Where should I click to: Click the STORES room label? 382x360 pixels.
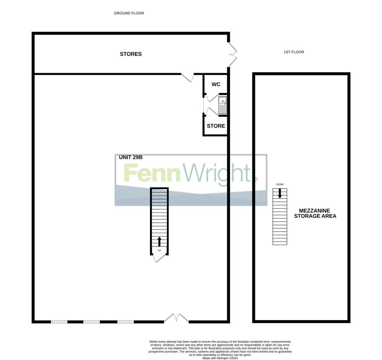click(131, 54)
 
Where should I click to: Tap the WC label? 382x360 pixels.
click(216, 84)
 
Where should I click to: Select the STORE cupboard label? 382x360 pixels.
click(216, 126)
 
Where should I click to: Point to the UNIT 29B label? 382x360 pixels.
click(131, 157)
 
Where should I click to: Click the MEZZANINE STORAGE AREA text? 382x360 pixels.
click(315, 213)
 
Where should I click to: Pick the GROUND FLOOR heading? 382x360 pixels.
click(129, 13)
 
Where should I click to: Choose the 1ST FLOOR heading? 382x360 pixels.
click(294, 52)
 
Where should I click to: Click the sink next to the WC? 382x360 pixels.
click(222, 105)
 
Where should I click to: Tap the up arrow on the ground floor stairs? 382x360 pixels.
click(159, 241)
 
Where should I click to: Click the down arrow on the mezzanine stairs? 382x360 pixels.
click(280, 193)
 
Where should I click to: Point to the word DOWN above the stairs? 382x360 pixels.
click(280, 184)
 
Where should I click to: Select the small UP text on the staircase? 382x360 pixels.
click(159, 250)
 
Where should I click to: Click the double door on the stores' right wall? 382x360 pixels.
click(232, 54)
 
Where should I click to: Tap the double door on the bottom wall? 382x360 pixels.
click(176, 318)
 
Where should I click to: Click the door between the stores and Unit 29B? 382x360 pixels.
click(187, 77)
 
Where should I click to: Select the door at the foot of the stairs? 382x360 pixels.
click(159, 258)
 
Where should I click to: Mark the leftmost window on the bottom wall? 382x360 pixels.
click(59, 322)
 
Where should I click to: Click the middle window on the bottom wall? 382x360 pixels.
click(91, 322)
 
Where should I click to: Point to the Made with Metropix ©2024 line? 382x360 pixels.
click(220, 358)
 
